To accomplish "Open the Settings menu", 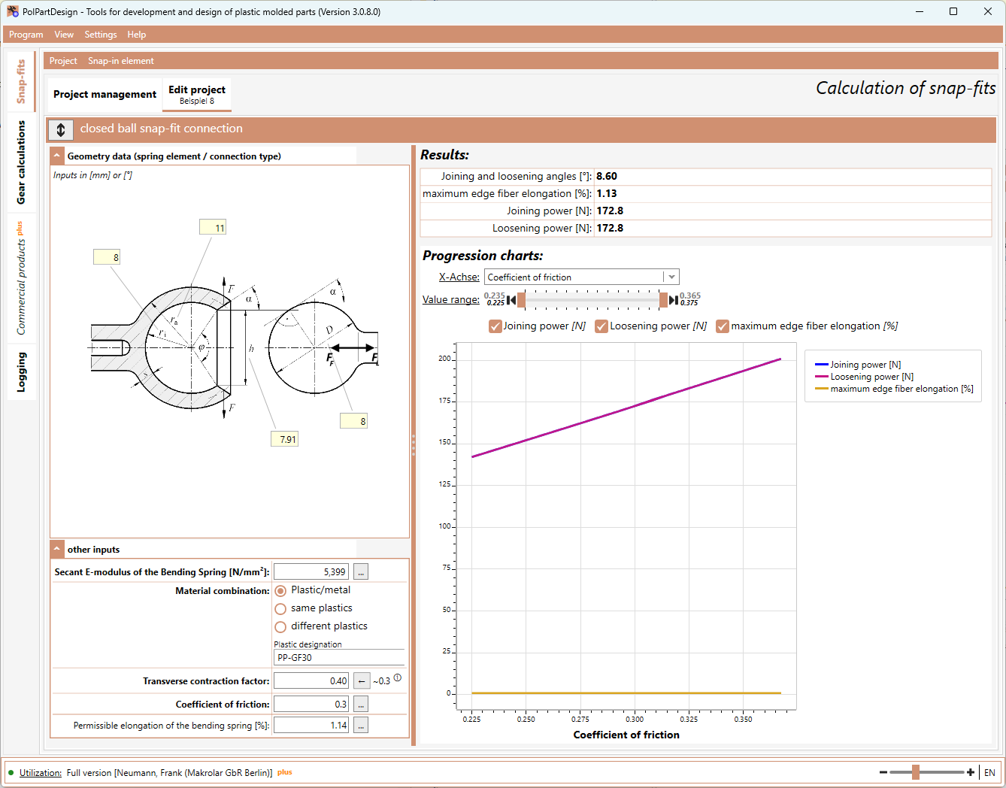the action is (101, 35).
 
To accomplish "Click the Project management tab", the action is (105, 94).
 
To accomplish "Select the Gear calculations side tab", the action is (21, 162).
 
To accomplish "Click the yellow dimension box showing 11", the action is (213, 227).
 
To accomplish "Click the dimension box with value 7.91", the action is (284, 439).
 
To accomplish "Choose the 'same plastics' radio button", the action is (280, 608).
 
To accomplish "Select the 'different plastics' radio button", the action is (280, 626).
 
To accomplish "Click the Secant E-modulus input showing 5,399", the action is (311, 571).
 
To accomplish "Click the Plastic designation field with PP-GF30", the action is (339, 657).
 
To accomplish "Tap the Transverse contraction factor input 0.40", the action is (311, 681).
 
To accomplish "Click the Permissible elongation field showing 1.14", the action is (311, 726).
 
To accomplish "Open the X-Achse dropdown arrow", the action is (671, 277).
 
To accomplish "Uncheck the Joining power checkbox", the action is (495, 326).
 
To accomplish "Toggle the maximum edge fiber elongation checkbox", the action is (723, 326).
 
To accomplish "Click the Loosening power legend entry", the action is (865, 377).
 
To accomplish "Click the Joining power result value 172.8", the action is (610, 211).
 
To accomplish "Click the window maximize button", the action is (953, 11).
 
